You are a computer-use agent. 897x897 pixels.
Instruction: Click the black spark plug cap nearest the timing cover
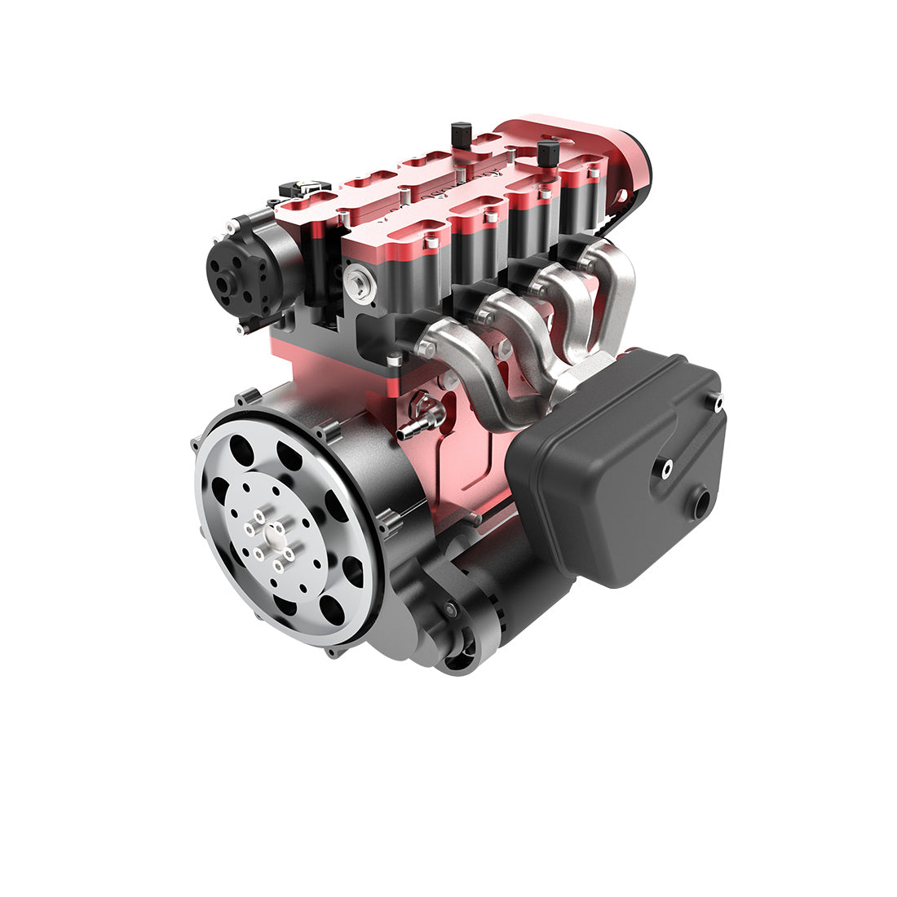pos(549,152)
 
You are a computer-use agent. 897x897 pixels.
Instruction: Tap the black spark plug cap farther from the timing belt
pos(462,133)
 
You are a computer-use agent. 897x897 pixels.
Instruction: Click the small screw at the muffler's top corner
pos(718,400)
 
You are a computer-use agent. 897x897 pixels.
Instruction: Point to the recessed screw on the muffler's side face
pos(666,467)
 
